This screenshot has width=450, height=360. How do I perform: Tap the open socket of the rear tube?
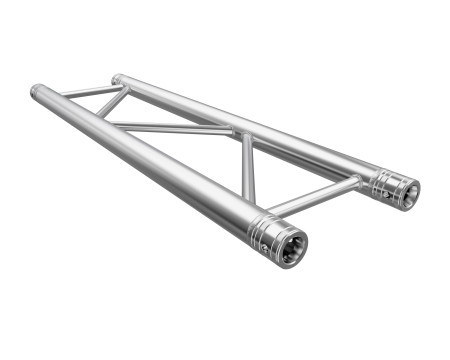[x=405, y=191]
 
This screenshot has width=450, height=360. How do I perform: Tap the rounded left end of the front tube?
[x=36, y=91]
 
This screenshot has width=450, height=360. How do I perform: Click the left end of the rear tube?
[x=116, y=78]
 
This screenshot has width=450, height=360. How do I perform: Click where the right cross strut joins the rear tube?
[x=356, y=181]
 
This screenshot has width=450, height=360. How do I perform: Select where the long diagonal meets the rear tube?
[x=237, y=132]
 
